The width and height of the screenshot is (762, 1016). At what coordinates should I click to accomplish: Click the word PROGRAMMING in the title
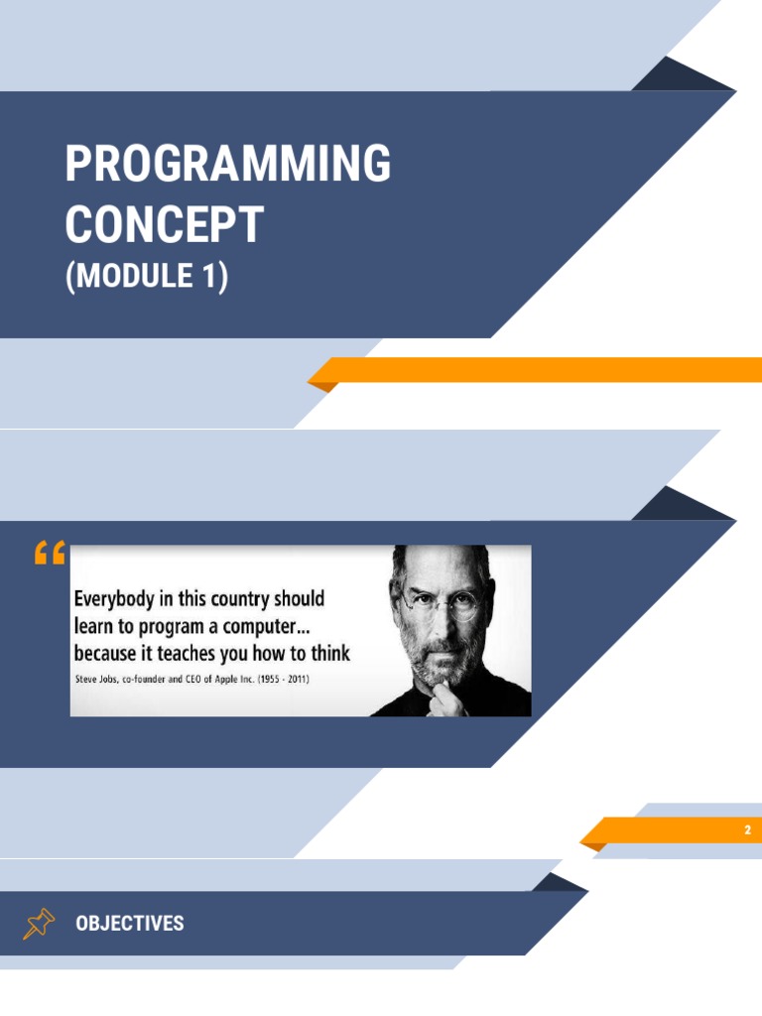coord(227,164)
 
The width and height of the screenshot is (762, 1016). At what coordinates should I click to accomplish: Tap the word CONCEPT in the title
coord(164,224)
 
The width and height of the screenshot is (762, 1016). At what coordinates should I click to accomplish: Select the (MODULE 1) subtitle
coord(147,276)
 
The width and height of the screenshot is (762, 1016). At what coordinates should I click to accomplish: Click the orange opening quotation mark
coord(49,554)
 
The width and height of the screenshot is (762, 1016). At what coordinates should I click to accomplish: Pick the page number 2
coord(747,830)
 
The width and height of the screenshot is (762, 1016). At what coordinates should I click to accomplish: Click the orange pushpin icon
coord(38,924)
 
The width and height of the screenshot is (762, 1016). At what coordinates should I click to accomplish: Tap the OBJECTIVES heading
coord(130,924)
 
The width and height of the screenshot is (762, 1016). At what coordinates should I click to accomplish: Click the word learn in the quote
coord(94,627)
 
